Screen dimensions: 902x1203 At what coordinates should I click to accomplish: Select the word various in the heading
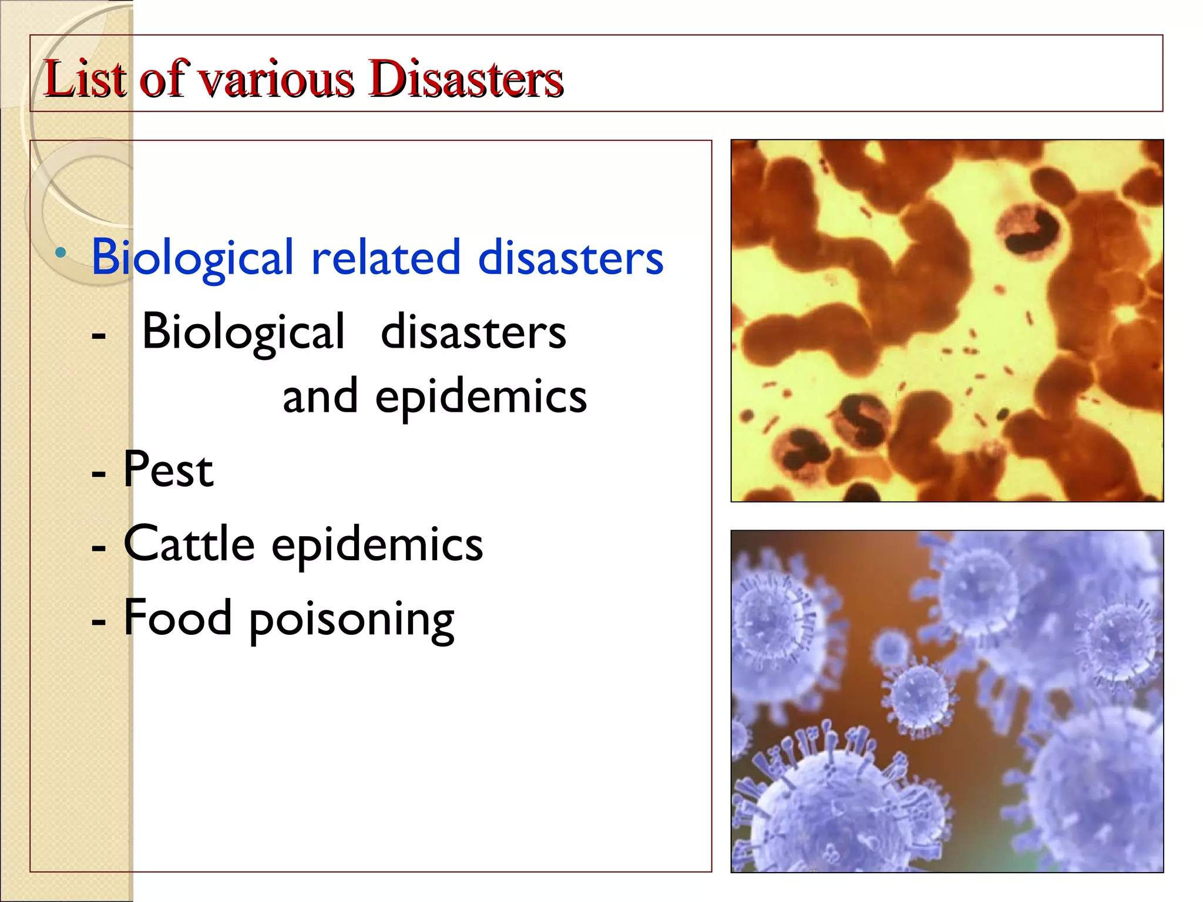point(275,80)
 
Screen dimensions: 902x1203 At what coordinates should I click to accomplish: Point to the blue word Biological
point(192,258)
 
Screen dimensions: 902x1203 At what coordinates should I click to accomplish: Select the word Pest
point(168,470)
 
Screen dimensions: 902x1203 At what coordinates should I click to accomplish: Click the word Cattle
point(189,543)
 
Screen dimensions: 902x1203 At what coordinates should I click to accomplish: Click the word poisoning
point(351,620)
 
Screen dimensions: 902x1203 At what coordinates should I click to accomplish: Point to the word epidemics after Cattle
point(377,545)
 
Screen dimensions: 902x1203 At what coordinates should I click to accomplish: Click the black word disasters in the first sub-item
point(473,332)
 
